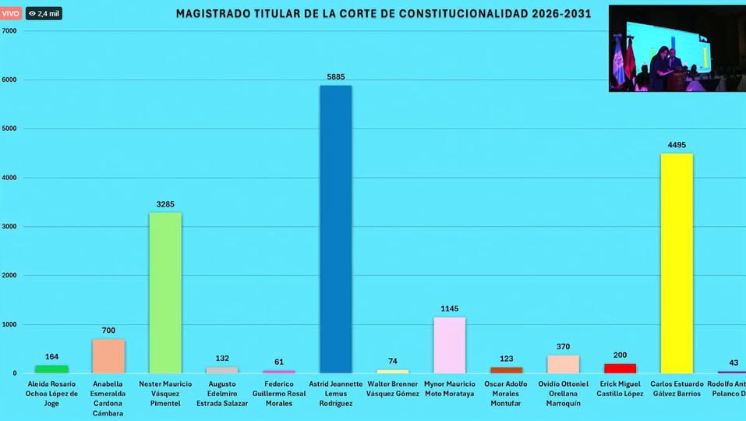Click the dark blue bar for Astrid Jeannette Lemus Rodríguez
coord(336,229)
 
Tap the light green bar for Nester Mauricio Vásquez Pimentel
coord(165,293)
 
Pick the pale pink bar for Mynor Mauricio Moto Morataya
coord(450,345)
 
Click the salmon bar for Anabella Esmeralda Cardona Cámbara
coord(108,356)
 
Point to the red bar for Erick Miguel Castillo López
coord(620,368)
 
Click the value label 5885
coord(336,77)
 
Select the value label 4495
coord(676,145)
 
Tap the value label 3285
coord(165,204)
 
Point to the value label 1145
coord(450,309)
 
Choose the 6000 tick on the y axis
coord(9,80)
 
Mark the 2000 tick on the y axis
coord(9,275)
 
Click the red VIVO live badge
coord(11,13)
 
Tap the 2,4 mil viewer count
coord(44,13)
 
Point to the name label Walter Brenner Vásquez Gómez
coord(393,388)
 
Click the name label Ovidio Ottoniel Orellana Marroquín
coord(563,393)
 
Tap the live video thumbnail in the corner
coord(676,48)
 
